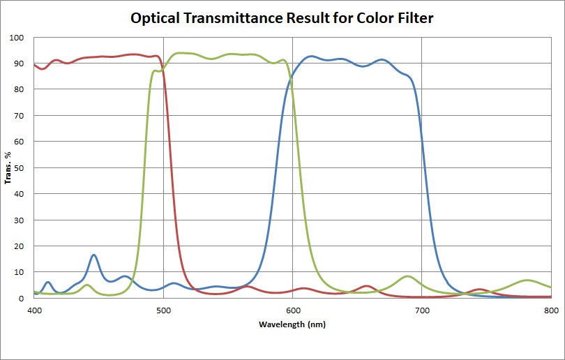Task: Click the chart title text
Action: (x=282, y=17)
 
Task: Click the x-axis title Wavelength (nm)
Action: (x=292, y=324)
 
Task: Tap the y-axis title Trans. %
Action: (x=9, y=167)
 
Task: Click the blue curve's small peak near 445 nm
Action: (x=93, y=255)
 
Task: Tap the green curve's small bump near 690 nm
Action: (x=408, y=276)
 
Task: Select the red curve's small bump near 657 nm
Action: (x=367, y=286)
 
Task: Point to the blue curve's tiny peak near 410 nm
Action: (x=47, y=282)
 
